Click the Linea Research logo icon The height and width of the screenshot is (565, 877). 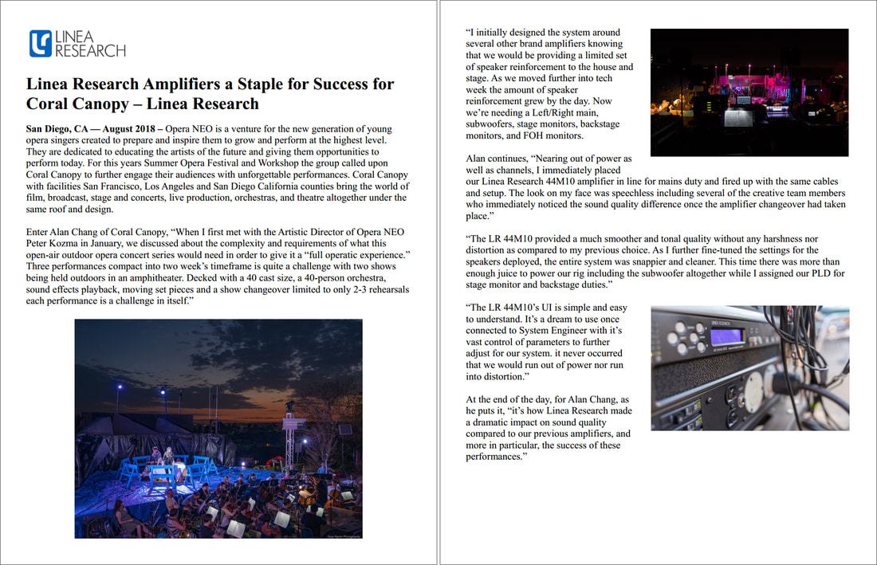point(40,43)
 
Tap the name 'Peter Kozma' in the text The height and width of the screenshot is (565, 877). point(53,242)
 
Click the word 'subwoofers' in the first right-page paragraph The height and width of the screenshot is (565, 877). point(492,124)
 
